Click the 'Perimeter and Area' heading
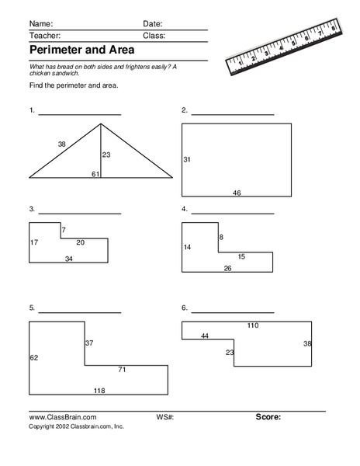click(x=81, y=50)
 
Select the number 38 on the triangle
click(x=61, y=144)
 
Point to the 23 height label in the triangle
click(x=106, y=155)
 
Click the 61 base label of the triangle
click(x=95, y=174)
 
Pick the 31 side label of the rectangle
click(x=187, y=159)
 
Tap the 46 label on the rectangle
click(x=237, y=193)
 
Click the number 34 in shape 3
click(x=69, y=259)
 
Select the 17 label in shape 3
click(x=33, y=243)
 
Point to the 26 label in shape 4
click(x=227, y=268)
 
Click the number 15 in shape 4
click(x=241, y=256)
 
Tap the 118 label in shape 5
click(x=99, y=390)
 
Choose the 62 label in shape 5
click(x=33, y=358)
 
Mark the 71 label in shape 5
click(x=122, y=369)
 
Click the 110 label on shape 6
click(x=252, y=325)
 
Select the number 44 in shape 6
click(x=205, y=336)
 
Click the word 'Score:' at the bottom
click(x=268, y=417)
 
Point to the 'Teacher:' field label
click(x=43, y=36)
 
